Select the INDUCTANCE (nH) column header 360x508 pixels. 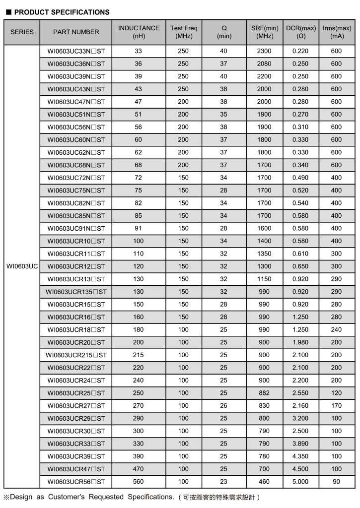coord(139,32)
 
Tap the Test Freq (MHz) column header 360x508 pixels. coord(183,32)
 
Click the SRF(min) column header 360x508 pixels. coord(264,32)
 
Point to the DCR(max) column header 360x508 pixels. coord(301,32)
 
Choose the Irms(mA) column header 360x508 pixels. coord(336,32)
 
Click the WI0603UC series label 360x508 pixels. coord(22,266)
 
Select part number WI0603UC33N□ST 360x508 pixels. coord(76,51)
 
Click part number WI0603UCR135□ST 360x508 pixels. coord(76,292)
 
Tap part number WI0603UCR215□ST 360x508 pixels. coord(76,355)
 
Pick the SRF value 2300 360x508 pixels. coord(264,51)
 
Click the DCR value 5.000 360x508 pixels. coord(300,482)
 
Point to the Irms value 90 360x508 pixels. coord(336,482)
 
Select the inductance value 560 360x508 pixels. coord(139,482)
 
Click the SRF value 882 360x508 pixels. coord(264,393)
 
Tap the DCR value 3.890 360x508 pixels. coord(300,444)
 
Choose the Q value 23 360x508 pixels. coord(223,482)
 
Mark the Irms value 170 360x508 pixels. coord(336,406)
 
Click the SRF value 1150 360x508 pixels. coord(264,279)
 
